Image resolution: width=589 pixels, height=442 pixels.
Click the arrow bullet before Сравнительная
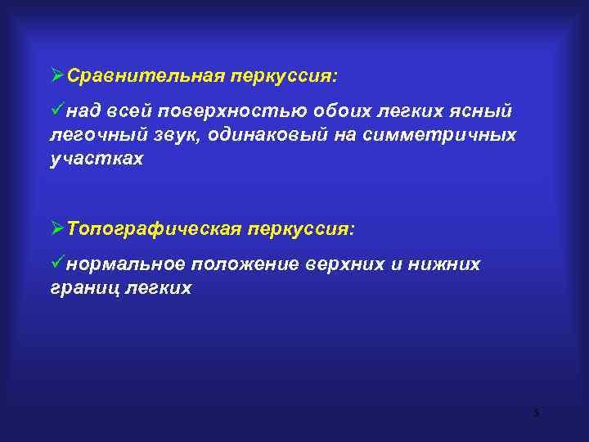56,75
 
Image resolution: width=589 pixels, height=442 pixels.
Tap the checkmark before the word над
57,110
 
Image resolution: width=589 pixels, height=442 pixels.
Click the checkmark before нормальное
57,264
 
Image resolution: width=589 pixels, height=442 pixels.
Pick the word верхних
344,264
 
